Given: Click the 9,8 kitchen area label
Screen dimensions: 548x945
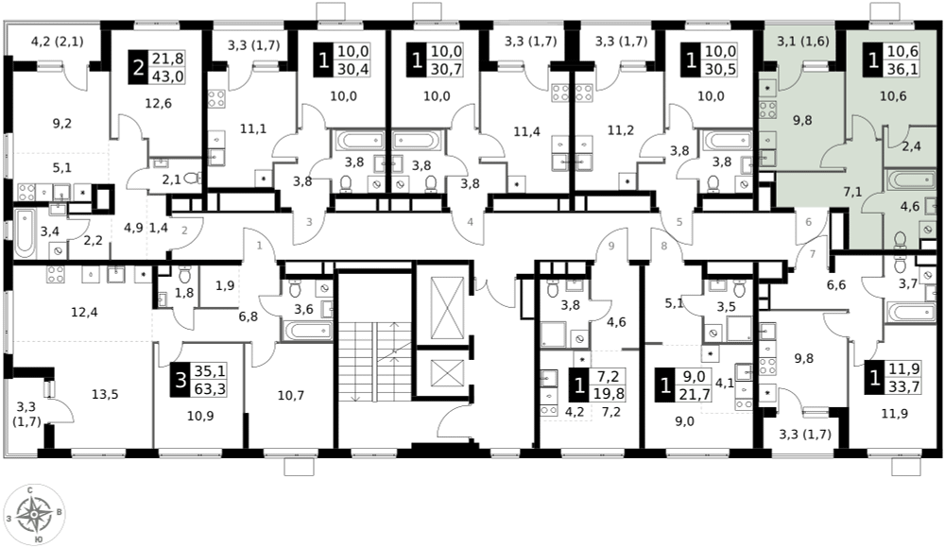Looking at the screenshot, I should (x=801, y=120).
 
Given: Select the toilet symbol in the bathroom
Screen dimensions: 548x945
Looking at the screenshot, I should (x=900, y=238).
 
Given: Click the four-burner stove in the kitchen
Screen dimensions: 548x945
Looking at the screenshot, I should (x=766, y=110).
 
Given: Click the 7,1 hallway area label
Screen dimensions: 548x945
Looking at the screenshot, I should (x=851, y=193).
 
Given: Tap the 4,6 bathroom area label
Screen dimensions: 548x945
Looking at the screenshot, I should (x=909, y=206).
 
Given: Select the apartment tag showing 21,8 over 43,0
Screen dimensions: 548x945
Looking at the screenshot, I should (x=157, y=68).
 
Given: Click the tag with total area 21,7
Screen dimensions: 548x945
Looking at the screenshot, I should (x=683, y=385).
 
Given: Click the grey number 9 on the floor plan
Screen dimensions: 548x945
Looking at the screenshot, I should (x=611, y=246).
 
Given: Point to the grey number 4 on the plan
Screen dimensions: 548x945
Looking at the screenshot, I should (x=470, y=222).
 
